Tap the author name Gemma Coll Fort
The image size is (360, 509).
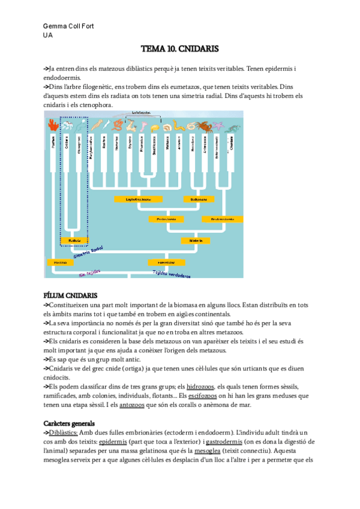[68, 26]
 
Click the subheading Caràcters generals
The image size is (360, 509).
[75, 424]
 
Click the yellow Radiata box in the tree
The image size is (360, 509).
[76, 241]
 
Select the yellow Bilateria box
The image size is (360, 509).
[196, 241]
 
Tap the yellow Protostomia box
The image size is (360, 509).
[167, 219]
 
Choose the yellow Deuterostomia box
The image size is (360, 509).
[222, 219]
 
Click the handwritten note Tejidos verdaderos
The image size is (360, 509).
[172, 274]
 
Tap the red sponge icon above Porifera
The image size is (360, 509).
[53, 125]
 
